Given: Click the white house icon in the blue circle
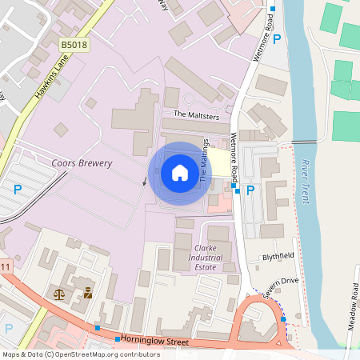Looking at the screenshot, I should [x=180, y=173].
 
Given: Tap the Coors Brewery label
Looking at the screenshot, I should [x=82, y=163].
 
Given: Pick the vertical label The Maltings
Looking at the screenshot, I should [x=205, y=160].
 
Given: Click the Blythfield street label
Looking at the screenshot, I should [x=279, y=258].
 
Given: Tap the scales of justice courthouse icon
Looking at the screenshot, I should [x=60, y=294].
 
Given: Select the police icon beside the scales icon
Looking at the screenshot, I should [x=87, y=294].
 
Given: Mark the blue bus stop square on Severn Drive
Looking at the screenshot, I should [x=283, y=319].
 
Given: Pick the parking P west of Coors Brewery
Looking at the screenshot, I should [x=17, y=190].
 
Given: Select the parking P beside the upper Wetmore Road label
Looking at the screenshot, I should [x=277, y=39].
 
